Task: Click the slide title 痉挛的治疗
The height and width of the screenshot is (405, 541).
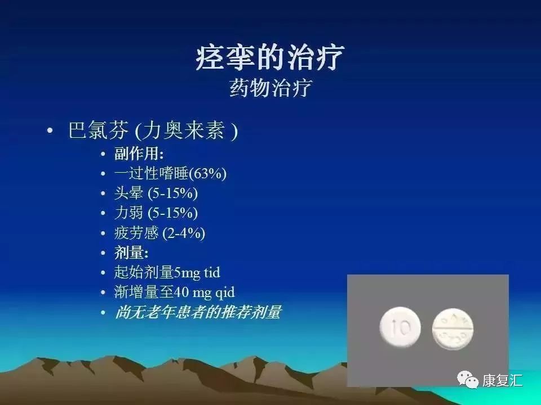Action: tap(270, 58)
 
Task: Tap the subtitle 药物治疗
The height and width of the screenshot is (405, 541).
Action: tap(270, 88)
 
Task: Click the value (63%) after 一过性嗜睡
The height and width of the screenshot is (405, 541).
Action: tap(208, 174)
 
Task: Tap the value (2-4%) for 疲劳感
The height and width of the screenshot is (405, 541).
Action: tap(183, 233)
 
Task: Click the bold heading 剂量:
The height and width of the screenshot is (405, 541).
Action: tap(131, 253)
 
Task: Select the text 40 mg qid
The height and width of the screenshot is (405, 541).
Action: tap(205, 292)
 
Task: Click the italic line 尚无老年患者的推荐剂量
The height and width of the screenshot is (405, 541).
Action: tap(197, 312)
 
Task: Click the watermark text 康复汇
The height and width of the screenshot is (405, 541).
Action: tap(502, 381)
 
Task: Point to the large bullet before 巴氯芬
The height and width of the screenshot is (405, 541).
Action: tap(51, 132)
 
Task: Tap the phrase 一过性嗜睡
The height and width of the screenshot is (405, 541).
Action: tap(151, 174)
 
